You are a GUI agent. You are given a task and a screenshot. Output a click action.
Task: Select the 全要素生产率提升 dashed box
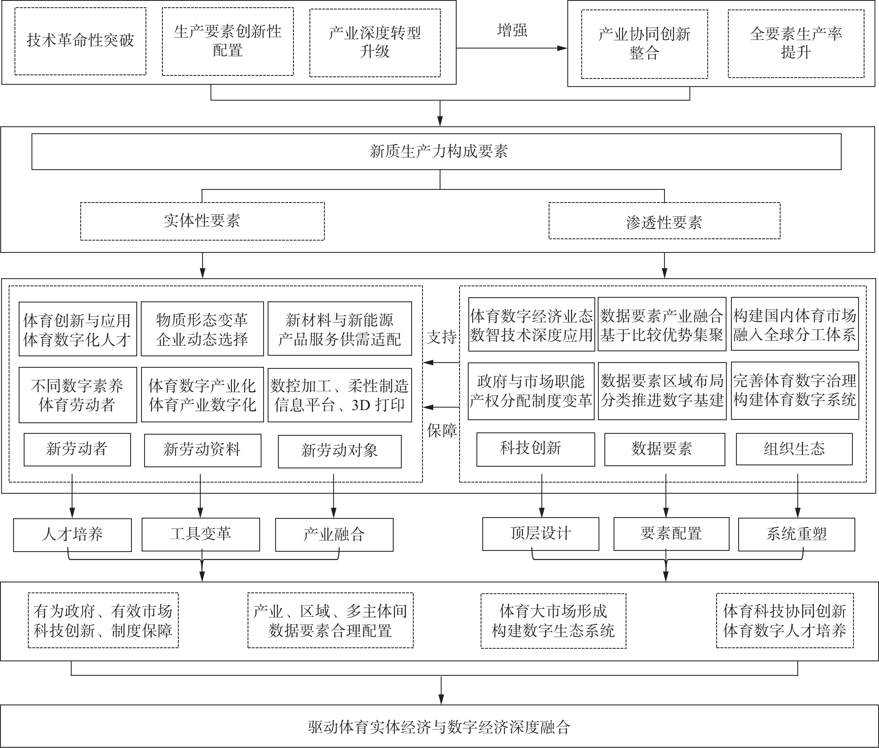click(796, 44)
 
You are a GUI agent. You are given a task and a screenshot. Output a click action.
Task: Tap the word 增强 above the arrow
click(512, 31)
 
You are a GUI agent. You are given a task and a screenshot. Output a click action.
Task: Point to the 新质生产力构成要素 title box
click(436, 152)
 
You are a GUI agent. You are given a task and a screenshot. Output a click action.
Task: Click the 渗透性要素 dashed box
click(664, 221)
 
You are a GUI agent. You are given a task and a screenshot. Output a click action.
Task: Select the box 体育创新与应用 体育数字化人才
click(78, 329)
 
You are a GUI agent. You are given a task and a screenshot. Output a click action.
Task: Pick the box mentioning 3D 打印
click(340, 395)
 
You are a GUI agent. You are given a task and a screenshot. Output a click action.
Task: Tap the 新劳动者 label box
click(77, 449)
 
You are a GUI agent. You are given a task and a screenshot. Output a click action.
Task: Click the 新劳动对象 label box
click(340, 451)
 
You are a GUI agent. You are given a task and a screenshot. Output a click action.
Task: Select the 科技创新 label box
click(536, 449)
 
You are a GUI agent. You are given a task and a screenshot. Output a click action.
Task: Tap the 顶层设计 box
click(541, 534)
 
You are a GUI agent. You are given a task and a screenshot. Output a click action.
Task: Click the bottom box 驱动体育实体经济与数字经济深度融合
click(439, 726)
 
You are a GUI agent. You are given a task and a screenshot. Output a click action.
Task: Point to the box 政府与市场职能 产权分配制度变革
click(531, 391)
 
